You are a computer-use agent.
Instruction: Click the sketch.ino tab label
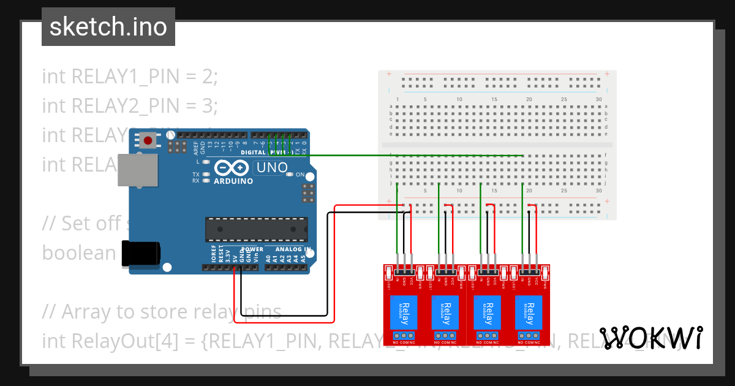coord(108,27)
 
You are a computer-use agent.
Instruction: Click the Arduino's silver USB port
coord(137,169)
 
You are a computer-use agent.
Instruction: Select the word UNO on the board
coord(271,167)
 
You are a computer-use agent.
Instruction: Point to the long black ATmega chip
coord(255,229)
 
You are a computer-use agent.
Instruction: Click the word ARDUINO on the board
coord(233,181)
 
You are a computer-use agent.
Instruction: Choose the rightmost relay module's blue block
coord(528,312)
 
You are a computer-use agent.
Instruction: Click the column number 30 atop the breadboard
coord(598,99)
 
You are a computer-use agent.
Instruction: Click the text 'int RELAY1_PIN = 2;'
coord(130,77)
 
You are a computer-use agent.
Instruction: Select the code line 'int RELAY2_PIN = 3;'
coord(130,106)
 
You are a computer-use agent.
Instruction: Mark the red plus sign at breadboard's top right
coord(606,74)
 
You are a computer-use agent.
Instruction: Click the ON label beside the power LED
coord(300,175)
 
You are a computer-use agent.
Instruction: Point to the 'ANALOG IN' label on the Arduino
coord(293,249)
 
